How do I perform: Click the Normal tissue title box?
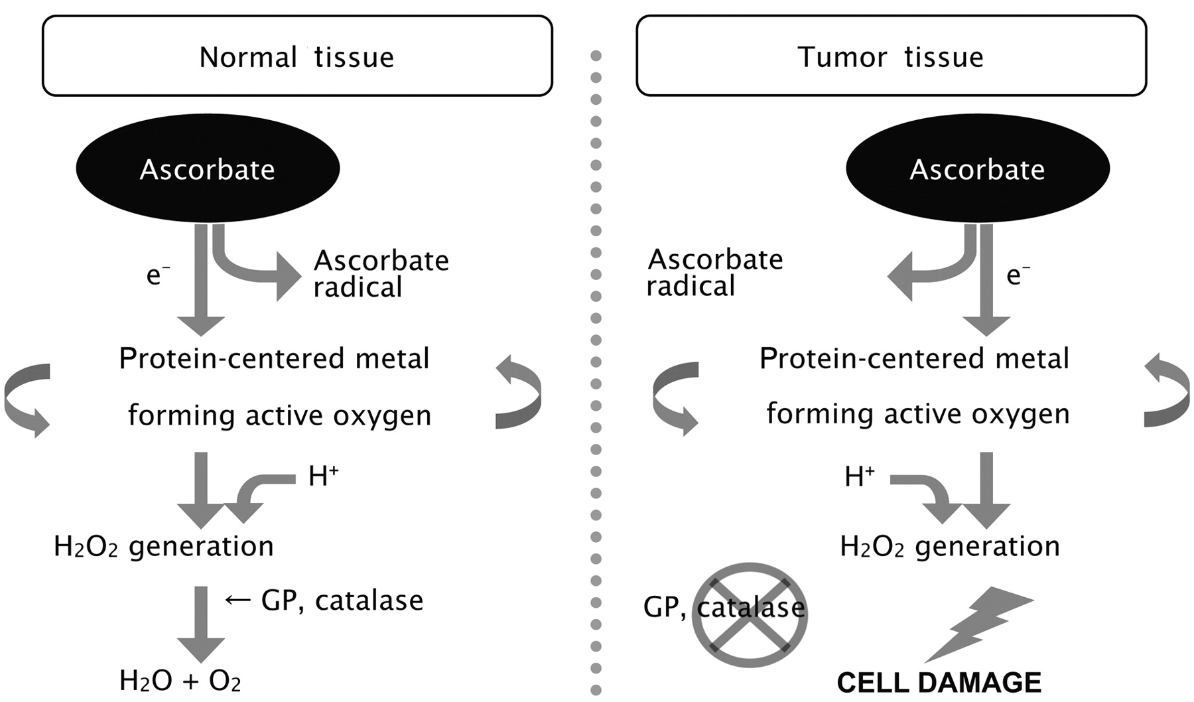point(297,56)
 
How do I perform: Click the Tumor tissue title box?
point(891,56)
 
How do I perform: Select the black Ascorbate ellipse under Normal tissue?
point(208,169)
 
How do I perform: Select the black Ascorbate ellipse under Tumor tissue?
point(977,169)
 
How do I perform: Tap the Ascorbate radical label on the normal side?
point(380,273)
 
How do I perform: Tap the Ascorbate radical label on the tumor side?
point(714,272)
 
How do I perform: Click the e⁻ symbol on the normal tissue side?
point(157,274)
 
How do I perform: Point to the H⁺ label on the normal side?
point(323,476)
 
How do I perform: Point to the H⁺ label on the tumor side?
point(859,476)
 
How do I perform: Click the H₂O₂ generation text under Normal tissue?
point(164,546)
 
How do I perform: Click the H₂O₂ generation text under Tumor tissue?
point(950,546)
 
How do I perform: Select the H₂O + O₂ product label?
point(180,681)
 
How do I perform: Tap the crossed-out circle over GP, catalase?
point(750,615)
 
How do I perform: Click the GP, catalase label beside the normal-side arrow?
point(342,600)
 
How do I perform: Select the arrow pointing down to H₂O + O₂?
point(201,624)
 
